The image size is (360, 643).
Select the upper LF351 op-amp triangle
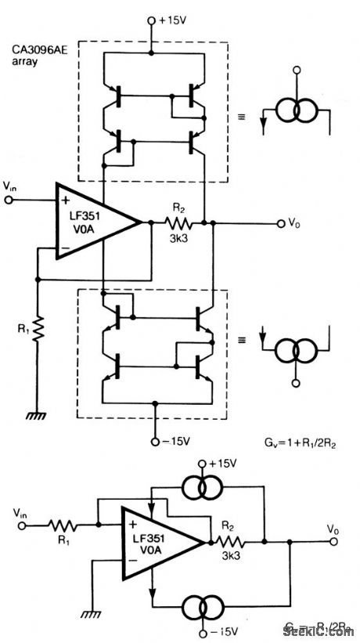point(92,222)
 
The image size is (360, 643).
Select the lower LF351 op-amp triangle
point(161,540)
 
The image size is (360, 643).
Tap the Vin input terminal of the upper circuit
point(10,200)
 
